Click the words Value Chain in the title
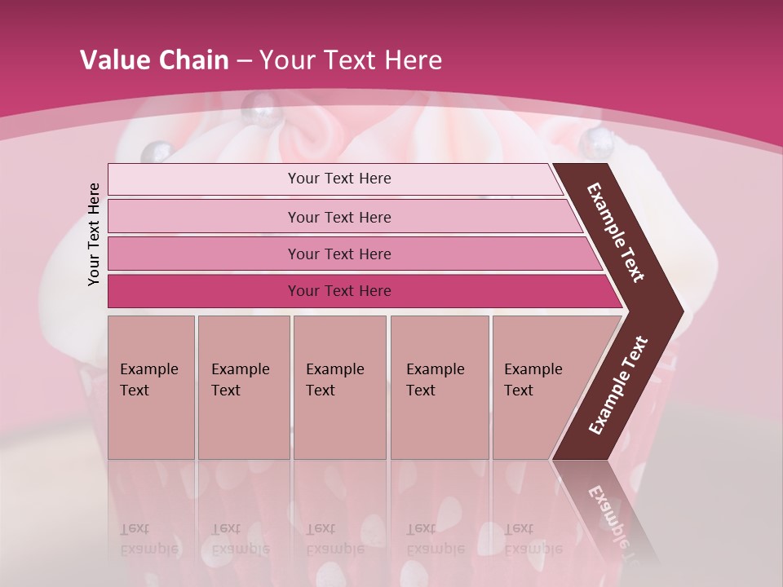pos(154,60)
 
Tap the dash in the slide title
pos(244,61)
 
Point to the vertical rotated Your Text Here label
pos(94,234)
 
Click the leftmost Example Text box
pos(151,386)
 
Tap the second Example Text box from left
pos(243,386)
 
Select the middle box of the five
pos(339,386)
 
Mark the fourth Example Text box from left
pos(439,386)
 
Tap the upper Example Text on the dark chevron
pos(616,232)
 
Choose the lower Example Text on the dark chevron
pos(617,385)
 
